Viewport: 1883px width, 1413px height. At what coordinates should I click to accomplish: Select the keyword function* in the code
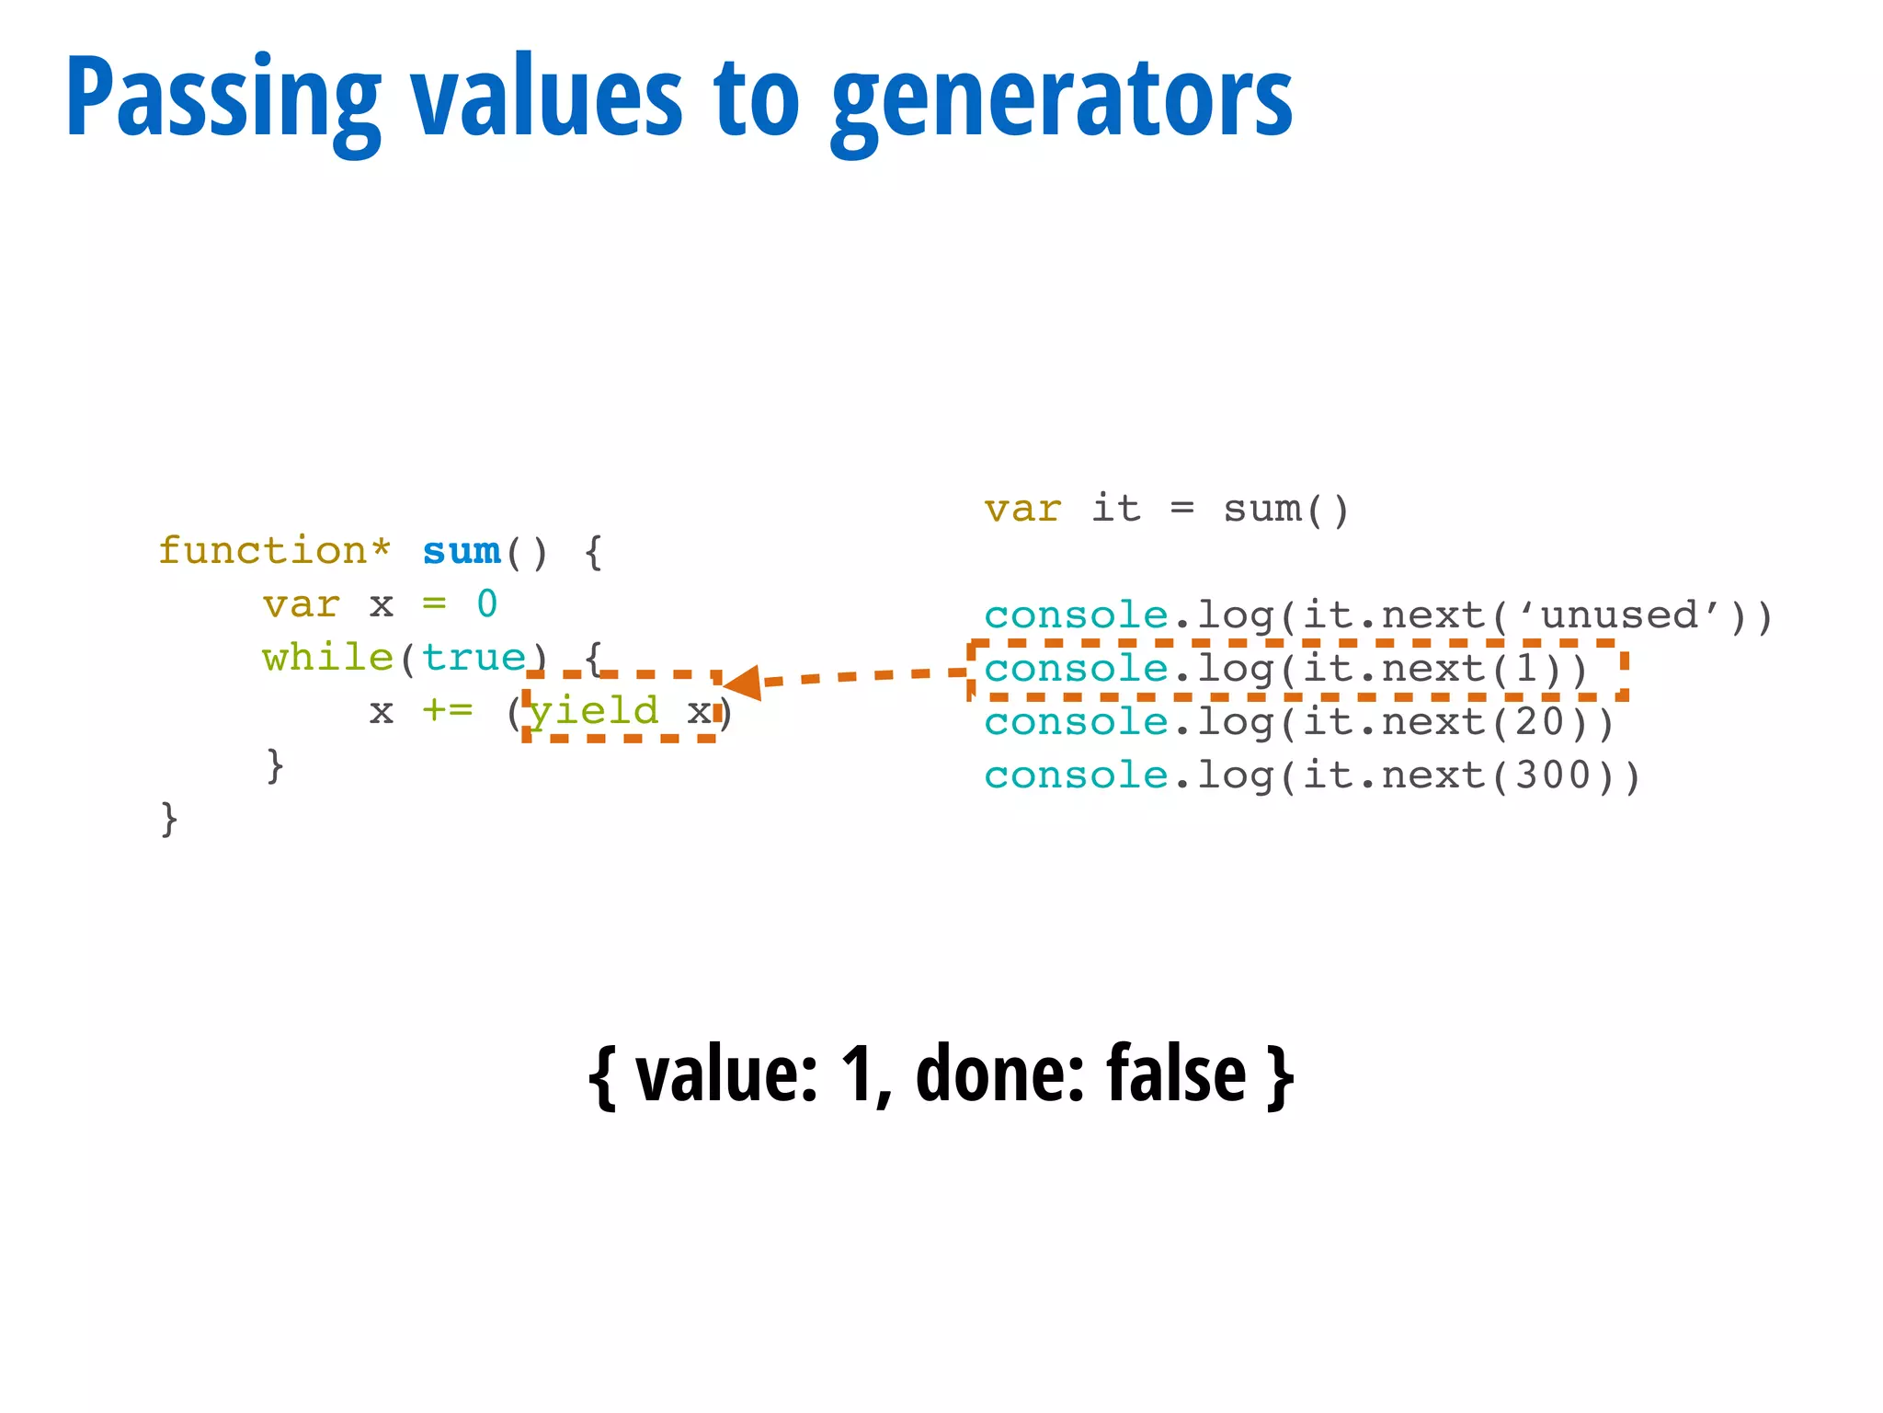pyautogui.click(x=274, y=551)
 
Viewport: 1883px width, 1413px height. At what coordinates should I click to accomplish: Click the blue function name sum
pyautogui.click(x=462, y=551)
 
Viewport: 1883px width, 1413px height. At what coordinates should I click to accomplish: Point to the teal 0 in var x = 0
pyautogui.click(x=486, y=604)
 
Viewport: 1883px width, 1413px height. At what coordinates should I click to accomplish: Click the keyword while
pyautogui.click(x=327, y=658)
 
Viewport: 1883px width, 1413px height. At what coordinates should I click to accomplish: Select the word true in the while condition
pyautogui.click(x=474, y=658)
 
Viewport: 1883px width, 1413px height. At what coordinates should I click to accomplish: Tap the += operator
pyautogui.click(x=447, y=711)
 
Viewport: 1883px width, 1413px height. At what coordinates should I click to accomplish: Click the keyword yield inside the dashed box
pyautogui.click(x=595, y=711)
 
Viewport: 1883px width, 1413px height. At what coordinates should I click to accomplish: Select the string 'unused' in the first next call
pyautogui.click(x=1618, y=615)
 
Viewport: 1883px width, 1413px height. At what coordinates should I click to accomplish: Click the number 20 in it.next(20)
pyautogui.click(x=1540, y=722)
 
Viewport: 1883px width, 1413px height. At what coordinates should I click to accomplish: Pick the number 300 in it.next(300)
pyautogui.click(x=1553, y=775)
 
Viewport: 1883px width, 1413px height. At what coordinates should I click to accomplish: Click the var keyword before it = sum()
pyautogui.click(x=1022, y=509)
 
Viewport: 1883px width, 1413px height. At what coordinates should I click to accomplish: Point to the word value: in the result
pyautogui.click(x=726, y=1074)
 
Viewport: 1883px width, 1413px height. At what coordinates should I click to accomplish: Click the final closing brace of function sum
pyautogui.click(x=169, y=818)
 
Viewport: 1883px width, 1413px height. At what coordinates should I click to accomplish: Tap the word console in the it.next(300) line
pyautogui.click(x=1076, y=775)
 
